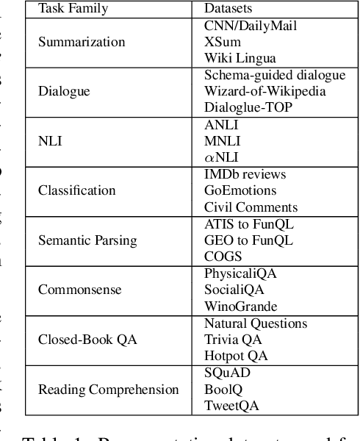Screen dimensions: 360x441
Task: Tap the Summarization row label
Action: tap(81, 42)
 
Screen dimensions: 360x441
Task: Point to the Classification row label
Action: tap(75, 190)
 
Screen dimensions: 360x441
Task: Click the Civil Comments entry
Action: tap(251, 207)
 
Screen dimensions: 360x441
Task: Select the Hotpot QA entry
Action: tap(236, 356)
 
